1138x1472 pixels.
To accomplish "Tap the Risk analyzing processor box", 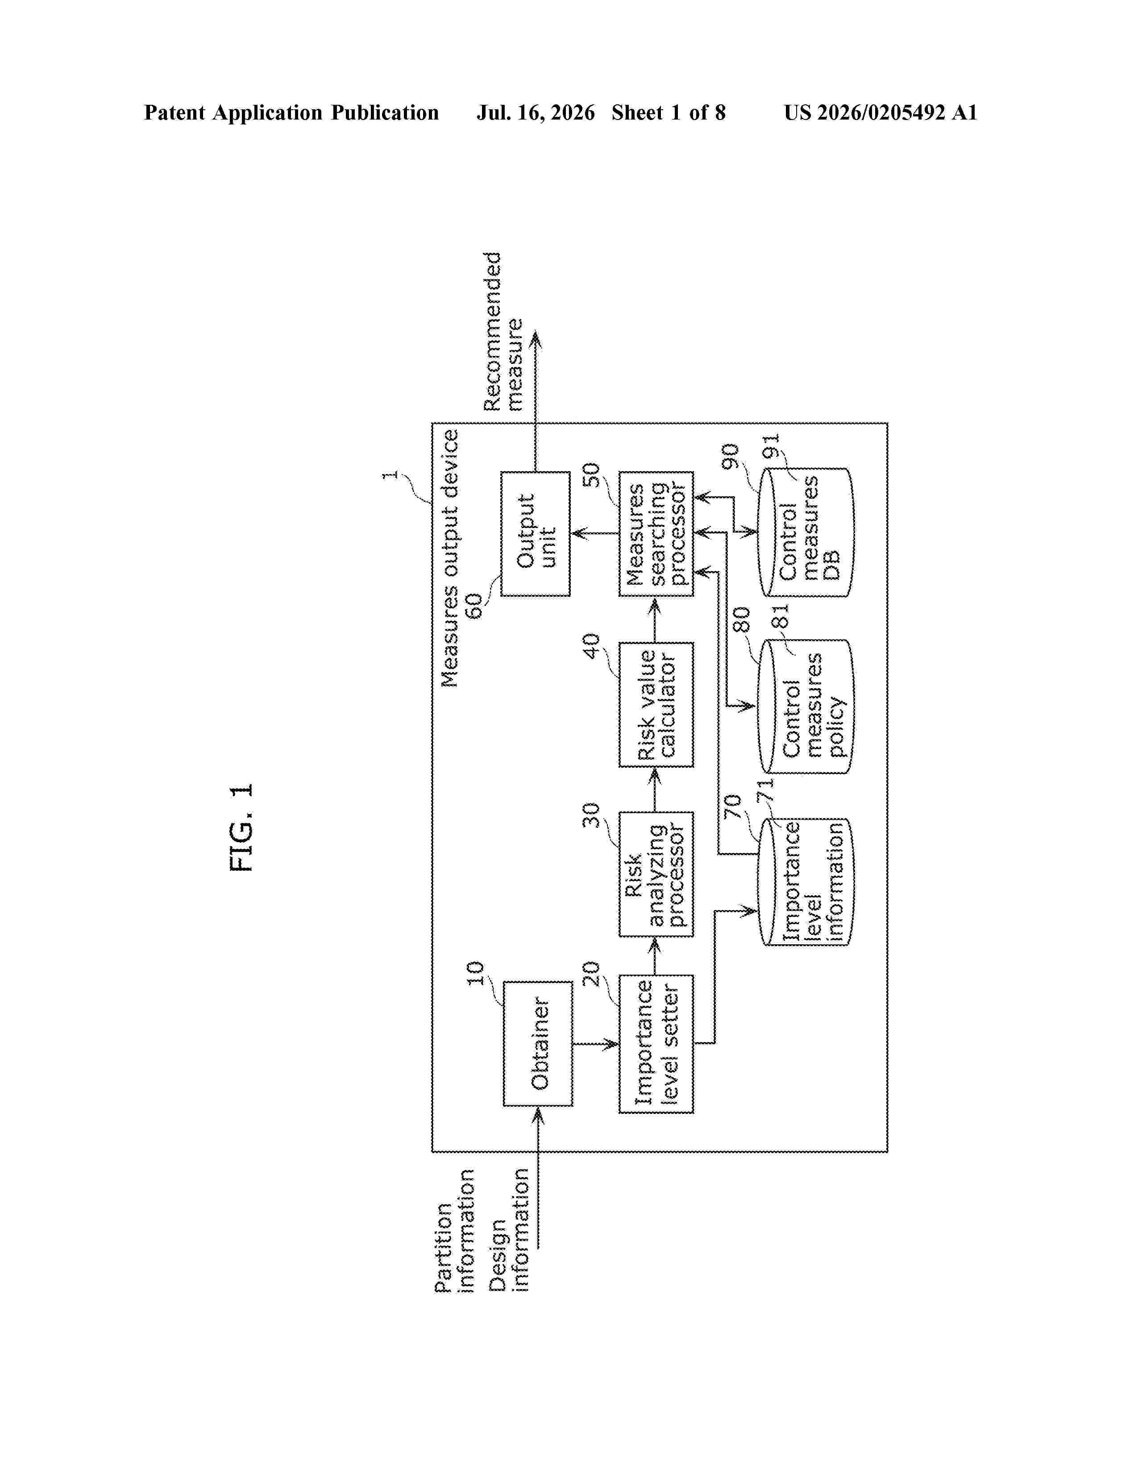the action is click(656, 874).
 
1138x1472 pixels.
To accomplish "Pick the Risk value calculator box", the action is click(656, 704).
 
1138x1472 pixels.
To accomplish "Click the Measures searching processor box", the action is click(656, 534).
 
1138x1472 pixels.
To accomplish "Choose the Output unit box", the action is click(535, 534).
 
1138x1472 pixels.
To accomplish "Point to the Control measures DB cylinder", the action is click(806, 533).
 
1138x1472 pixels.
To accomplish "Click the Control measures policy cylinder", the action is click(806, 706).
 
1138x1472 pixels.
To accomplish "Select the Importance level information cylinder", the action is click(806, 881).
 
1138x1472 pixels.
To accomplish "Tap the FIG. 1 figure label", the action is click(241, 827).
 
